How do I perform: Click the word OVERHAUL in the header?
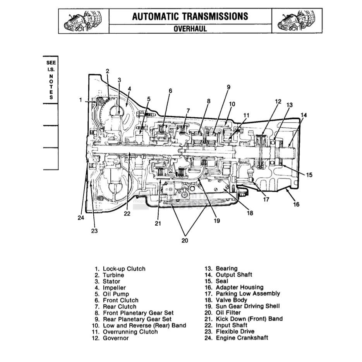point(190,28)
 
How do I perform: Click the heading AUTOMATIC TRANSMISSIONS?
point(190,16)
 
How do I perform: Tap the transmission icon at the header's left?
point(84,21)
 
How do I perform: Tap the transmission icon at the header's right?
point(297,21)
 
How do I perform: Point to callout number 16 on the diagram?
point(296,204)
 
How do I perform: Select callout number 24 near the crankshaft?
point(81,218)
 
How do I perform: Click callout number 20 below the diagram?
point(185,240)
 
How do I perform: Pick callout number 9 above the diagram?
point(228,87)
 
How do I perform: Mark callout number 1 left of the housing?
point(81,100)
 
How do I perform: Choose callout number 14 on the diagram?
point(304,115)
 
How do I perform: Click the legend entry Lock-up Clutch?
point(124,269)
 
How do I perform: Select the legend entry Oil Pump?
point(116,294)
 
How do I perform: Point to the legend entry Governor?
point(116,338)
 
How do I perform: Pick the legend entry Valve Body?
point(231,300)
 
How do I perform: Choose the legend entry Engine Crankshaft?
point(242,338)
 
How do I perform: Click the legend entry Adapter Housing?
point(239,287)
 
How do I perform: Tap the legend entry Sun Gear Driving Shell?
point(248,306)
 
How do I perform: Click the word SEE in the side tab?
point(51,62)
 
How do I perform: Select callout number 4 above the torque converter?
point(129,88)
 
